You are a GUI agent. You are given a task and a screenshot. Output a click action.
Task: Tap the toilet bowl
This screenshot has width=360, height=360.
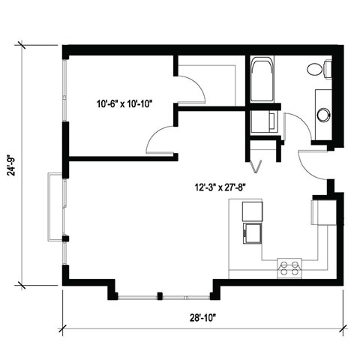tap(315, 70)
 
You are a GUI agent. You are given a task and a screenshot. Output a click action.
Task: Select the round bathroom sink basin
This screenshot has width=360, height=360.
tap(323, 115)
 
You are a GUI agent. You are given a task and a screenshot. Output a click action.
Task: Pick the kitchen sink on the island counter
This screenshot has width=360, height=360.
tap(251, 234)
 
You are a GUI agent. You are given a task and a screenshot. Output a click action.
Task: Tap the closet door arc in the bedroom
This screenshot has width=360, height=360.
tap(192, 91)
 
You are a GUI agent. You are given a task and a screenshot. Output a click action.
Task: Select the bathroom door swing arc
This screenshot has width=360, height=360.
tap(295, 127)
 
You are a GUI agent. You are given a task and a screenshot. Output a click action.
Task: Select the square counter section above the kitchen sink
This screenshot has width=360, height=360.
tap(251, 211)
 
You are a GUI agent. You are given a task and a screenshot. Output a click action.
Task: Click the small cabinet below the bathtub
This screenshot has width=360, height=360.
tap(264, 121)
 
